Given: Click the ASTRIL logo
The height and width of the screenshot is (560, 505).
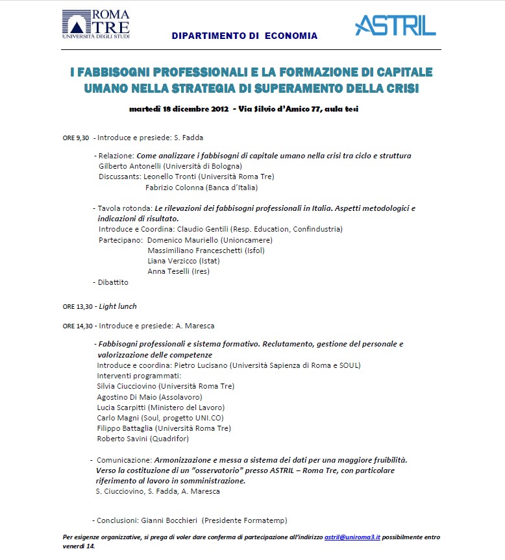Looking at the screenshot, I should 395,25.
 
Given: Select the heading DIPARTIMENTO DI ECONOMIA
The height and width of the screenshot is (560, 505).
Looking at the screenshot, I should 245,36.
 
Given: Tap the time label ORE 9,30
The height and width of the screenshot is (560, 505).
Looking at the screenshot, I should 75,138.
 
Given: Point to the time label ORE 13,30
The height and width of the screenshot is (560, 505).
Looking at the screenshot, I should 77,306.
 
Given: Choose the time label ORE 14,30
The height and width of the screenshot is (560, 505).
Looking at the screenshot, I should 77,326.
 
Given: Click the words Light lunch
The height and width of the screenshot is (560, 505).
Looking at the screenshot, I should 117,306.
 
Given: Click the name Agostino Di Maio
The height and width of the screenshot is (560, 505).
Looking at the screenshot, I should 127,396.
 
